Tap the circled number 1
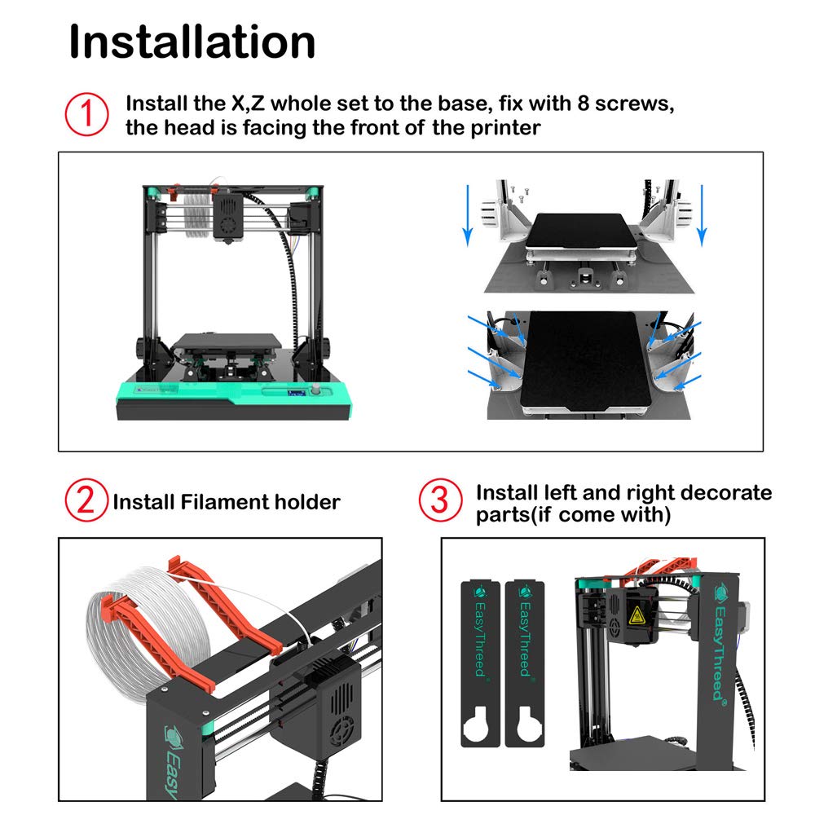(x=86, y=115)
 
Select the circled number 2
(x=86, y=500)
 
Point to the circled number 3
(x=440, y=500)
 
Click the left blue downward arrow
(x=467, y=214)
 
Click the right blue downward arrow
(x=702, y=214)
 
